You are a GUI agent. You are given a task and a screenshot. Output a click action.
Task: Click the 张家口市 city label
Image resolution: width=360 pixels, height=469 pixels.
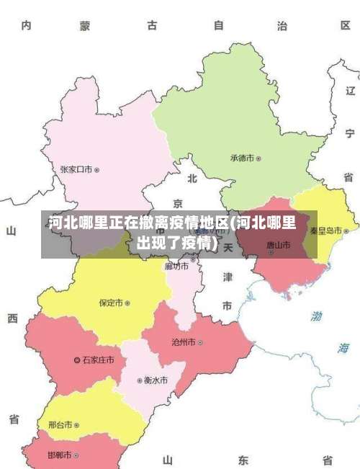coord(76,170)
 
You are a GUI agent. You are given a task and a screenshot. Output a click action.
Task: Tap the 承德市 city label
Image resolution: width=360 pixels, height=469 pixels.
coord(243,158)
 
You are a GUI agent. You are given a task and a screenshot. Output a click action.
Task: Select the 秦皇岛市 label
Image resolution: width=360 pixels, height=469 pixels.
coord(326,231)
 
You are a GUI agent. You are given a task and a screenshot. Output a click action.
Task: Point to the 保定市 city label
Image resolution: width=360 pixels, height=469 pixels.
coord(111,303)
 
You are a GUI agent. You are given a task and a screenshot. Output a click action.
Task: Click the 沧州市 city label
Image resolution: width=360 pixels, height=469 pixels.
coord(182,342)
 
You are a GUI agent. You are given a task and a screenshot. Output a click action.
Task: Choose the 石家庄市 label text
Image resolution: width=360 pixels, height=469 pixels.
coord(98,359)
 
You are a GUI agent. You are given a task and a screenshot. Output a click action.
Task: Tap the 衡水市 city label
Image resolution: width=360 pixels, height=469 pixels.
coord(156,380)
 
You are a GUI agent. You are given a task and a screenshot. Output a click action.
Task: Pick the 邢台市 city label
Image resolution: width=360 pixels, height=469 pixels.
coord(60,425)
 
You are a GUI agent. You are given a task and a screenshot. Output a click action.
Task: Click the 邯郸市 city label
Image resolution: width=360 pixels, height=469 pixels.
coord(59,455)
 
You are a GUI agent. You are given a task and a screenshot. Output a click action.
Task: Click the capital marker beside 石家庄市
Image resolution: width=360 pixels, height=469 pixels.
coord(78,359)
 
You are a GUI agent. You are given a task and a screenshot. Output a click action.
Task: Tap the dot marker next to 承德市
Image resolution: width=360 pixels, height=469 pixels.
coord(259,158)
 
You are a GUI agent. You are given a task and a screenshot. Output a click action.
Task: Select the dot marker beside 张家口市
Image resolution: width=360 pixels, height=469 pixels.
coord(97,170)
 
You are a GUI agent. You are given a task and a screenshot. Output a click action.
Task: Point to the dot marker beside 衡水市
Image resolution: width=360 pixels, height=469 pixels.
coord(140,380)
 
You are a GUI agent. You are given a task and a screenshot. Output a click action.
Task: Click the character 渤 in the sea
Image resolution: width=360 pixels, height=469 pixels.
coord(317,316)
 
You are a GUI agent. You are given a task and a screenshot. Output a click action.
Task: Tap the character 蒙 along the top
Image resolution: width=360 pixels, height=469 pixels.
coord(85,26)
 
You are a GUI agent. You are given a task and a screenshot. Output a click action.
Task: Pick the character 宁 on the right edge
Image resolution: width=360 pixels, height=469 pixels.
coord(349,133)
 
